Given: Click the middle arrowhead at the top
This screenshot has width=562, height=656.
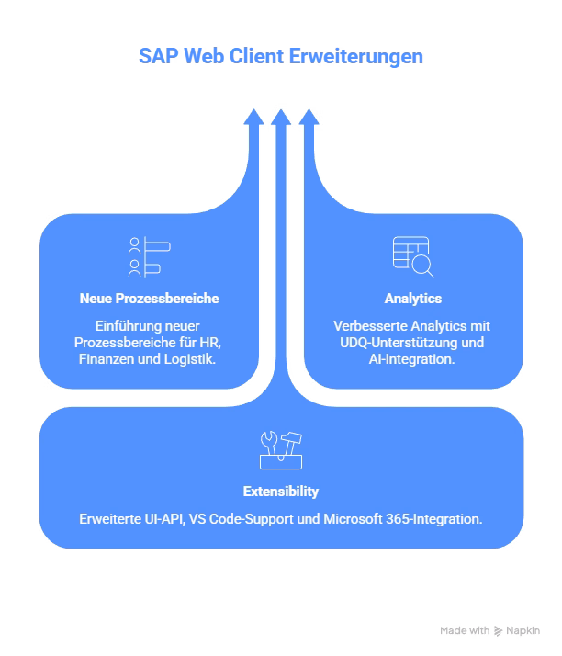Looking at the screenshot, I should click(x=281, y=118).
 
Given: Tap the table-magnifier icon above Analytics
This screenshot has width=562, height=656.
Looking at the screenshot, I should click(x=412, y=257).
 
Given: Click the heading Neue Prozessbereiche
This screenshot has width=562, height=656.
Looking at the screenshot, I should click(x=149, y=299).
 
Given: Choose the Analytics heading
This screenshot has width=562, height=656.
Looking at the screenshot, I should click(x=412, y=299).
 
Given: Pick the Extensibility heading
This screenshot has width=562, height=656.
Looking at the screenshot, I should click(x=281, y=492).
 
